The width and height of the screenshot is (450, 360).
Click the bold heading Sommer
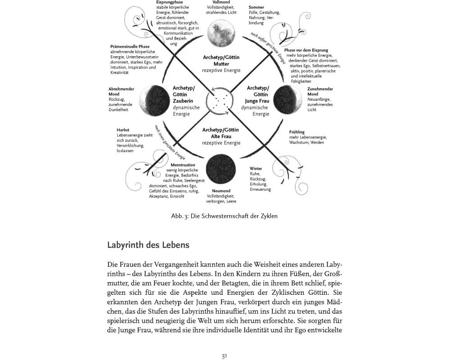(x=256, y=7)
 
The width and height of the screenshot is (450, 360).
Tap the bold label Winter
(x=256, y=169)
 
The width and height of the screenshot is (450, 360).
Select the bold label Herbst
(x=123, y=130)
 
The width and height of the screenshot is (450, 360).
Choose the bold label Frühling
(x=297, y=132)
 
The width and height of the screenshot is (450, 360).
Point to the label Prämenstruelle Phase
(x=130, y=47)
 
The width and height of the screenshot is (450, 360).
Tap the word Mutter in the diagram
(x=221, y=64)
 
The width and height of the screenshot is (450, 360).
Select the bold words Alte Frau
(x=221, y=136)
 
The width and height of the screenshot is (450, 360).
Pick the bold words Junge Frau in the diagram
(x=257, y=101)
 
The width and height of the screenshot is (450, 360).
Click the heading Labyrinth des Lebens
(x=148, y=245)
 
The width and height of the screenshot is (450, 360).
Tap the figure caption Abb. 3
(x=224, y=216)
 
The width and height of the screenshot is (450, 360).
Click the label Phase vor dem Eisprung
(x=306, y=50)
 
